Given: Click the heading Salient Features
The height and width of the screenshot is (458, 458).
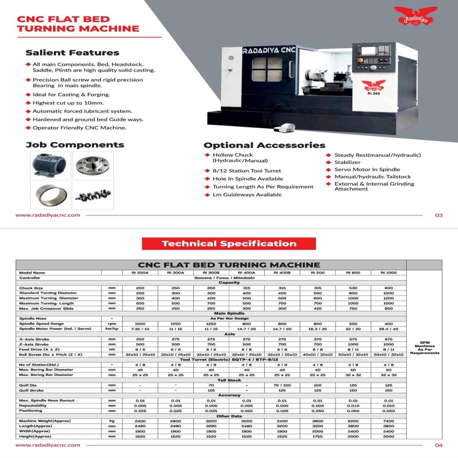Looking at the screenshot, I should pos(72,53).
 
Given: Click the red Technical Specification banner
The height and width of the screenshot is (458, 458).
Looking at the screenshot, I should pos(229,244).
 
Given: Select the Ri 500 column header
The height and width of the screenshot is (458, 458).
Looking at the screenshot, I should pos(318,273).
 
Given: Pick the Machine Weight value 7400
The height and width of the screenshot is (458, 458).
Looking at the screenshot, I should pos(388,420).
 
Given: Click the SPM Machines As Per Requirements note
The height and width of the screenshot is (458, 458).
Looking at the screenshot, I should pos(424,349).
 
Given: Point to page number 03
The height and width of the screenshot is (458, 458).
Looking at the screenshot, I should pos(439,215).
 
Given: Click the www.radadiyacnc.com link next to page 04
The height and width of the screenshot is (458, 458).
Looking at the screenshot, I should pos(48,445).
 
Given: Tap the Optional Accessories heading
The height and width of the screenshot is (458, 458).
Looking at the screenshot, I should pos(264,145).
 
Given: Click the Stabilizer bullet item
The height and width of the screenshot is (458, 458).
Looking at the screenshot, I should pos(347,162).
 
